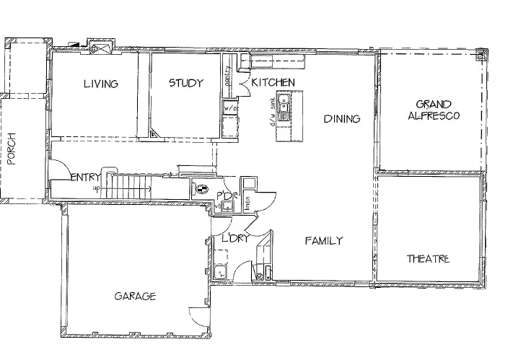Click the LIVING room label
[100, 84]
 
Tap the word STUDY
[185, 83]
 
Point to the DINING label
[341, 118]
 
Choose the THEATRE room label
[427, 259]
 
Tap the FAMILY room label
[323, 241]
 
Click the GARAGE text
[135, 297]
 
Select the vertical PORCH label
[12, 149]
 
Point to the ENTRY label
[85, 177]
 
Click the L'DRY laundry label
[235, 239]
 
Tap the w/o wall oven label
[230, 108]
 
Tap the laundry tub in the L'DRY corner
[221, 272]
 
